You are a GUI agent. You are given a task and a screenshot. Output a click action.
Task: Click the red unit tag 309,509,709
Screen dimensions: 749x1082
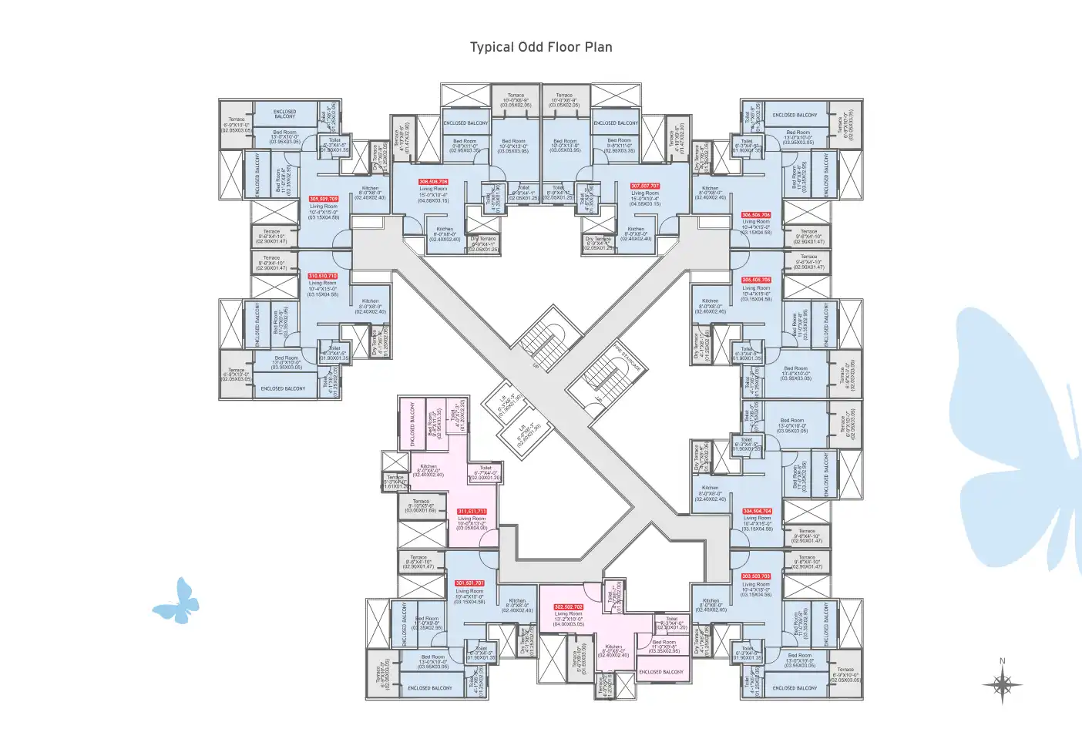324,199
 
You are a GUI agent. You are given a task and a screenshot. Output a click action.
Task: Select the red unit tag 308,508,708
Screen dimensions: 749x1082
433,182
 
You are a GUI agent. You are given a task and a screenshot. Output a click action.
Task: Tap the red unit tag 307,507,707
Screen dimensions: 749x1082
645,186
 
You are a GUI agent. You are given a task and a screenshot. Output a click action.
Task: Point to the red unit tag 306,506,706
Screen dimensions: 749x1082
756,215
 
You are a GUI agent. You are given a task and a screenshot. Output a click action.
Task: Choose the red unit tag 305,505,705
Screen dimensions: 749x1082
756,280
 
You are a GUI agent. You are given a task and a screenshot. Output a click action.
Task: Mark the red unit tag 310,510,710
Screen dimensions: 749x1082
323,276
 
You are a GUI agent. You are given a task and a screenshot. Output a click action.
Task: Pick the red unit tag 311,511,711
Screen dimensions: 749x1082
472,512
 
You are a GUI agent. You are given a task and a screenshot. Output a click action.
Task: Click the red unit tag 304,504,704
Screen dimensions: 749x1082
757,511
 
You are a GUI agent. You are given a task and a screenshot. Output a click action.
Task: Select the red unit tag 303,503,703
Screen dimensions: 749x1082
756,576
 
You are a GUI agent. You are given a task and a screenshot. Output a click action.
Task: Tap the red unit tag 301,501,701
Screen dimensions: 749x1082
469,583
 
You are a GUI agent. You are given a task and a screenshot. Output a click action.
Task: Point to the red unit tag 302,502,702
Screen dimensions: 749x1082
569,607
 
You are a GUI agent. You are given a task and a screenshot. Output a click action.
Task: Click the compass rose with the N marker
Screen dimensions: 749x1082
1002,684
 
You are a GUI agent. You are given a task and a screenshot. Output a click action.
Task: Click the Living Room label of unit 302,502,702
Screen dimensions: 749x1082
569,614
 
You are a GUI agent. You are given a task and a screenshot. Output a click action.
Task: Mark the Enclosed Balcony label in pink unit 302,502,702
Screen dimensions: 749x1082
661,672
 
